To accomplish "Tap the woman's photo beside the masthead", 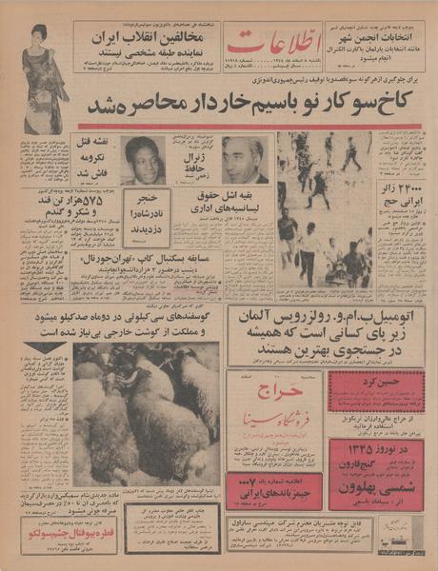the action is (x=45, y=76).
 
